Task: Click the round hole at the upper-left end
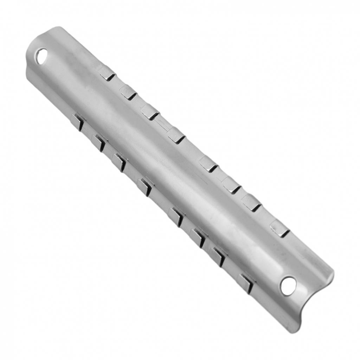tap(41, 56)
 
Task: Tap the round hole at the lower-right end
tap(288, 285)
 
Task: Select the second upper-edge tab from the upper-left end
tap(128, 92)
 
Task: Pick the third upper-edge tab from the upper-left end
tap(150, 112)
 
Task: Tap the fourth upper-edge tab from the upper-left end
tap(176, 135)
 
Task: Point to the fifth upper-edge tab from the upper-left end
tap(208, 164)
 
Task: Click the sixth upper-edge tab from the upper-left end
tap(231, 185)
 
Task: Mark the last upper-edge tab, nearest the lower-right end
tap(280, 229)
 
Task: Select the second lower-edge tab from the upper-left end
tap(98, 143)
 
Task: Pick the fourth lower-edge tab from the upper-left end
tap(144, 187)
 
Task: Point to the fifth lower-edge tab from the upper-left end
tap(176, 217)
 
